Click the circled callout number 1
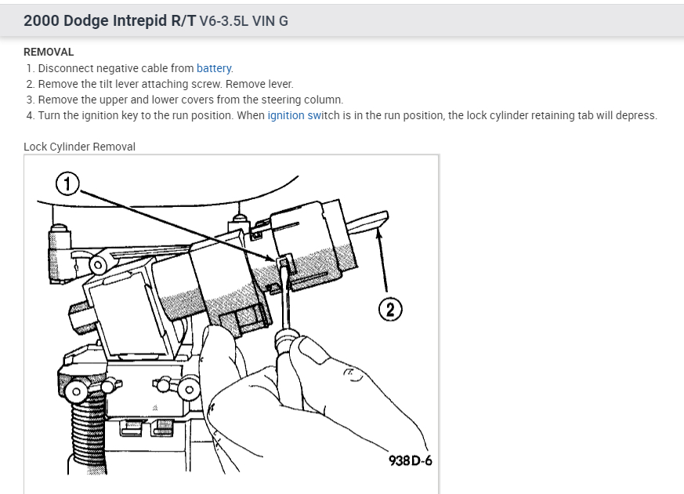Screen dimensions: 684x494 coord(68,184)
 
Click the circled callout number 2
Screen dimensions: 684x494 coord(388,309)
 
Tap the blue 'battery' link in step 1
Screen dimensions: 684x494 coord(214,68)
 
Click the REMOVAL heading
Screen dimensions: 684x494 coord(49,52)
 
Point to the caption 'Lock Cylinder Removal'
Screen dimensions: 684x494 coord(79,147)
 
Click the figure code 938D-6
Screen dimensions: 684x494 coord(410,460)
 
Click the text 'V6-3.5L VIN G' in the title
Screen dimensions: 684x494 coord(244,21)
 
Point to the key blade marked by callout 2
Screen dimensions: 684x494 coord(369,219)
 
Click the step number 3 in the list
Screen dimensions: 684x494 coord(30,100)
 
